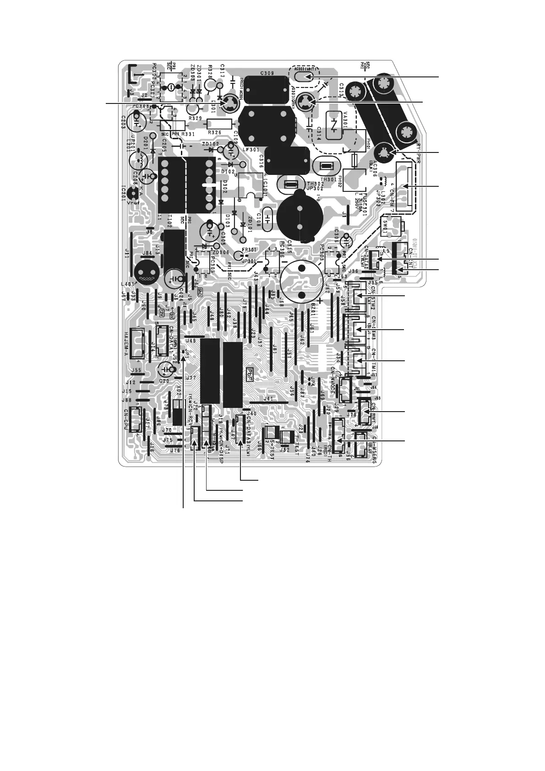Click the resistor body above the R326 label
click(220, 124)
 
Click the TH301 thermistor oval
click(327, 167)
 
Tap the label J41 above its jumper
click(268, 399)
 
